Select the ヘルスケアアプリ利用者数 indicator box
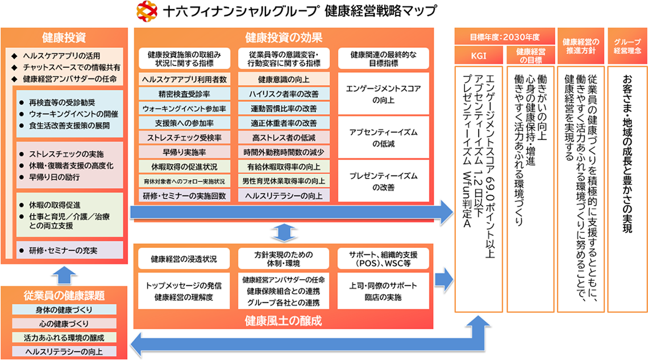tap(184, 79)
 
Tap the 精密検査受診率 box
tap(184, 94)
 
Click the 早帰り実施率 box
tap(184, 152)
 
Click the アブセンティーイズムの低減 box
tap(384, 138)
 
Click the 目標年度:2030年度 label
tap(504, 38)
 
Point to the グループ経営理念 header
tap(628, 45)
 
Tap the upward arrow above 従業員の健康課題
tap(66, 274)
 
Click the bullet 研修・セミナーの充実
tap(63, 250)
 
